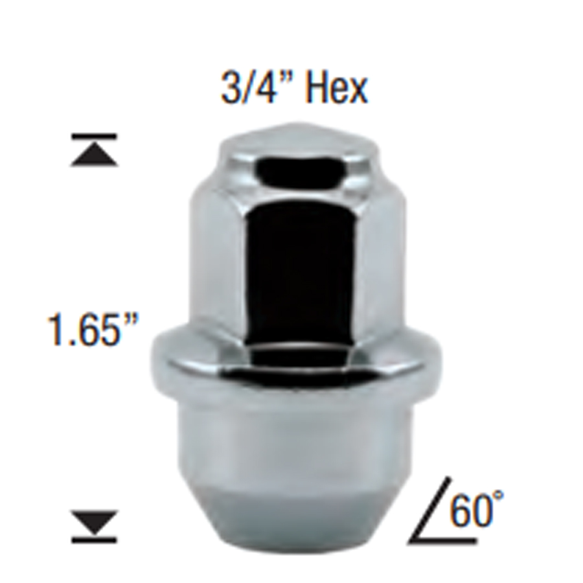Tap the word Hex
(x=336, y=88)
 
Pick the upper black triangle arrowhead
(x=95, y=155)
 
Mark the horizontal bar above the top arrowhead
(x=95, y=137)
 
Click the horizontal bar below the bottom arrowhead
(x=95, y=538)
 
